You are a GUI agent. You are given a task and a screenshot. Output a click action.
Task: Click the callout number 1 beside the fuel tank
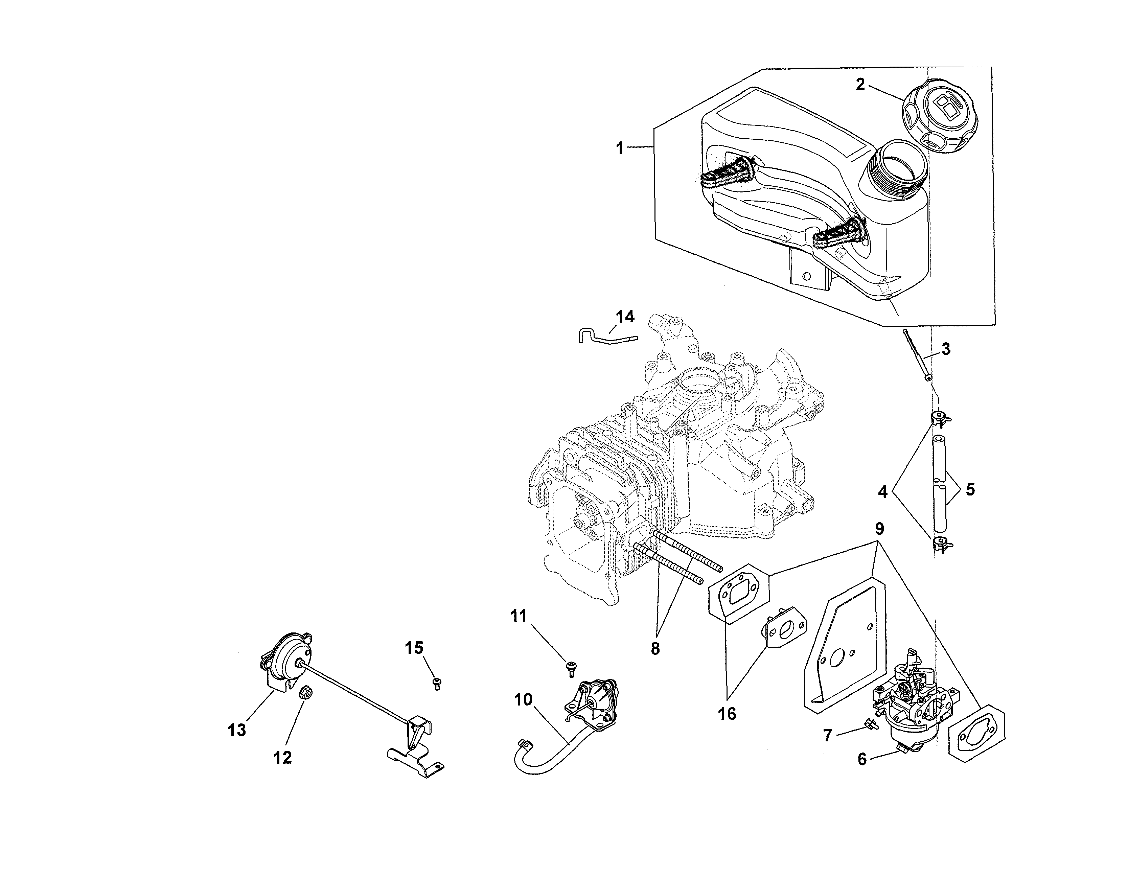(619, 148)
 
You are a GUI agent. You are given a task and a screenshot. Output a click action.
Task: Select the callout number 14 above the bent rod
(625, 317)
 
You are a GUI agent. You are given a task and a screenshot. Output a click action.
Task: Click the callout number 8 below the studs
(655, 649)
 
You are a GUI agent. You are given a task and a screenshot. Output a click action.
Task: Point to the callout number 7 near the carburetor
(827, 735)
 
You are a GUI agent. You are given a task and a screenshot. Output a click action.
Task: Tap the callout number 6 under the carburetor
(861, 759)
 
